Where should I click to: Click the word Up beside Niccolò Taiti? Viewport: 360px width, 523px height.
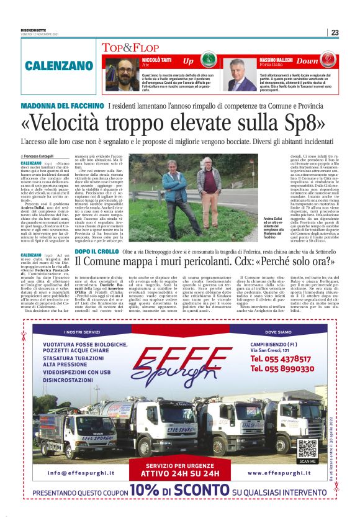coord(187,61)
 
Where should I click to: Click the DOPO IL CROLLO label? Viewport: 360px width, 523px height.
coord(96,250)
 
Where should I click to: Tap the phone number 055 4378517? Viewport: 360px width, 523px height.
coord(289,358)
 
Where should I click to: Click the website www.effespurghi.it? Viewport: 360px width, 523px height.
coord(279,473)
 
